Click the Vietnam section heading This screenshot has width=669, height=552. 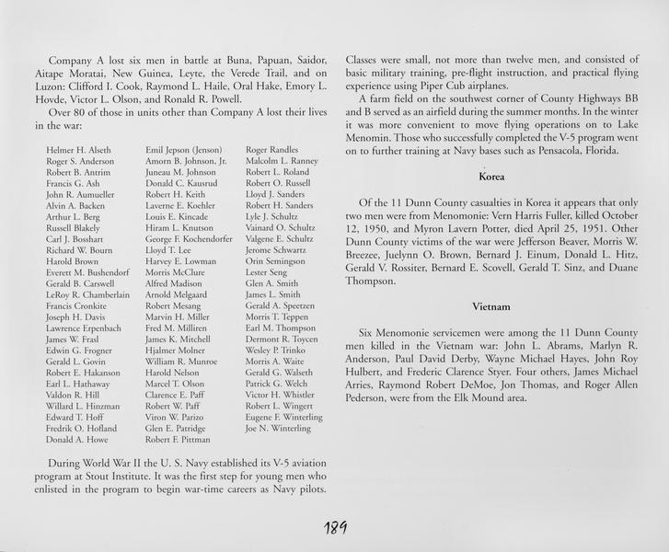[x=491, y=304]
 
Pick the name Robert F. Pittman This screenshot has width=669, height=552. [x=178, y=440]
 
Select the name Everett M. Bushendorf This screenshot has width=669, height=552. [x=87, y=271]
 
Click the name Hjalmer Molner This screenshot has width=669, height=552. [x=176, y=350]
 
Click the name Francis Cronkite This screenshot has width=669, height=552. [x=75, y=305]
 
